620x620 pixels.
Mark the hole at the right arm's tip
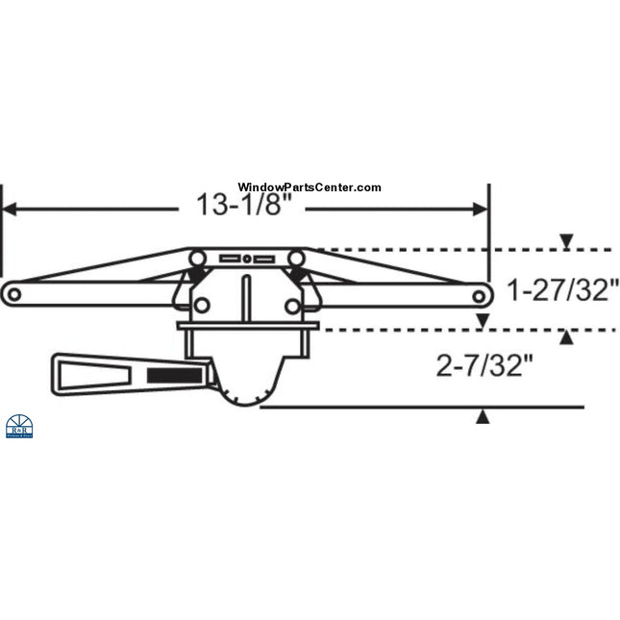coord(478,293)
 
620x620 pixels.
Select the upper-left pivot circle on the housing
coord(197,258)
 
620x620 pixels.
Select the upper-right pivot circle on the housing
coord(296,258)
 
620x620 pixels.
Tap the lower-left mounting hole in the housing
coord(202,306)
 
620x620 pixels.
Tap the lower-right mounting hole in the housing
coord(292,306)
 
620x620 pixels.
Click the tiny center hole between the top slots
coord(247,259)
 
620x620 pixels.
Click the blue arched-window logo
coord(19,428)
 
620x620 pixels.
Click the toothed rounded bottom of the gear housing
coord(247,393)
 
